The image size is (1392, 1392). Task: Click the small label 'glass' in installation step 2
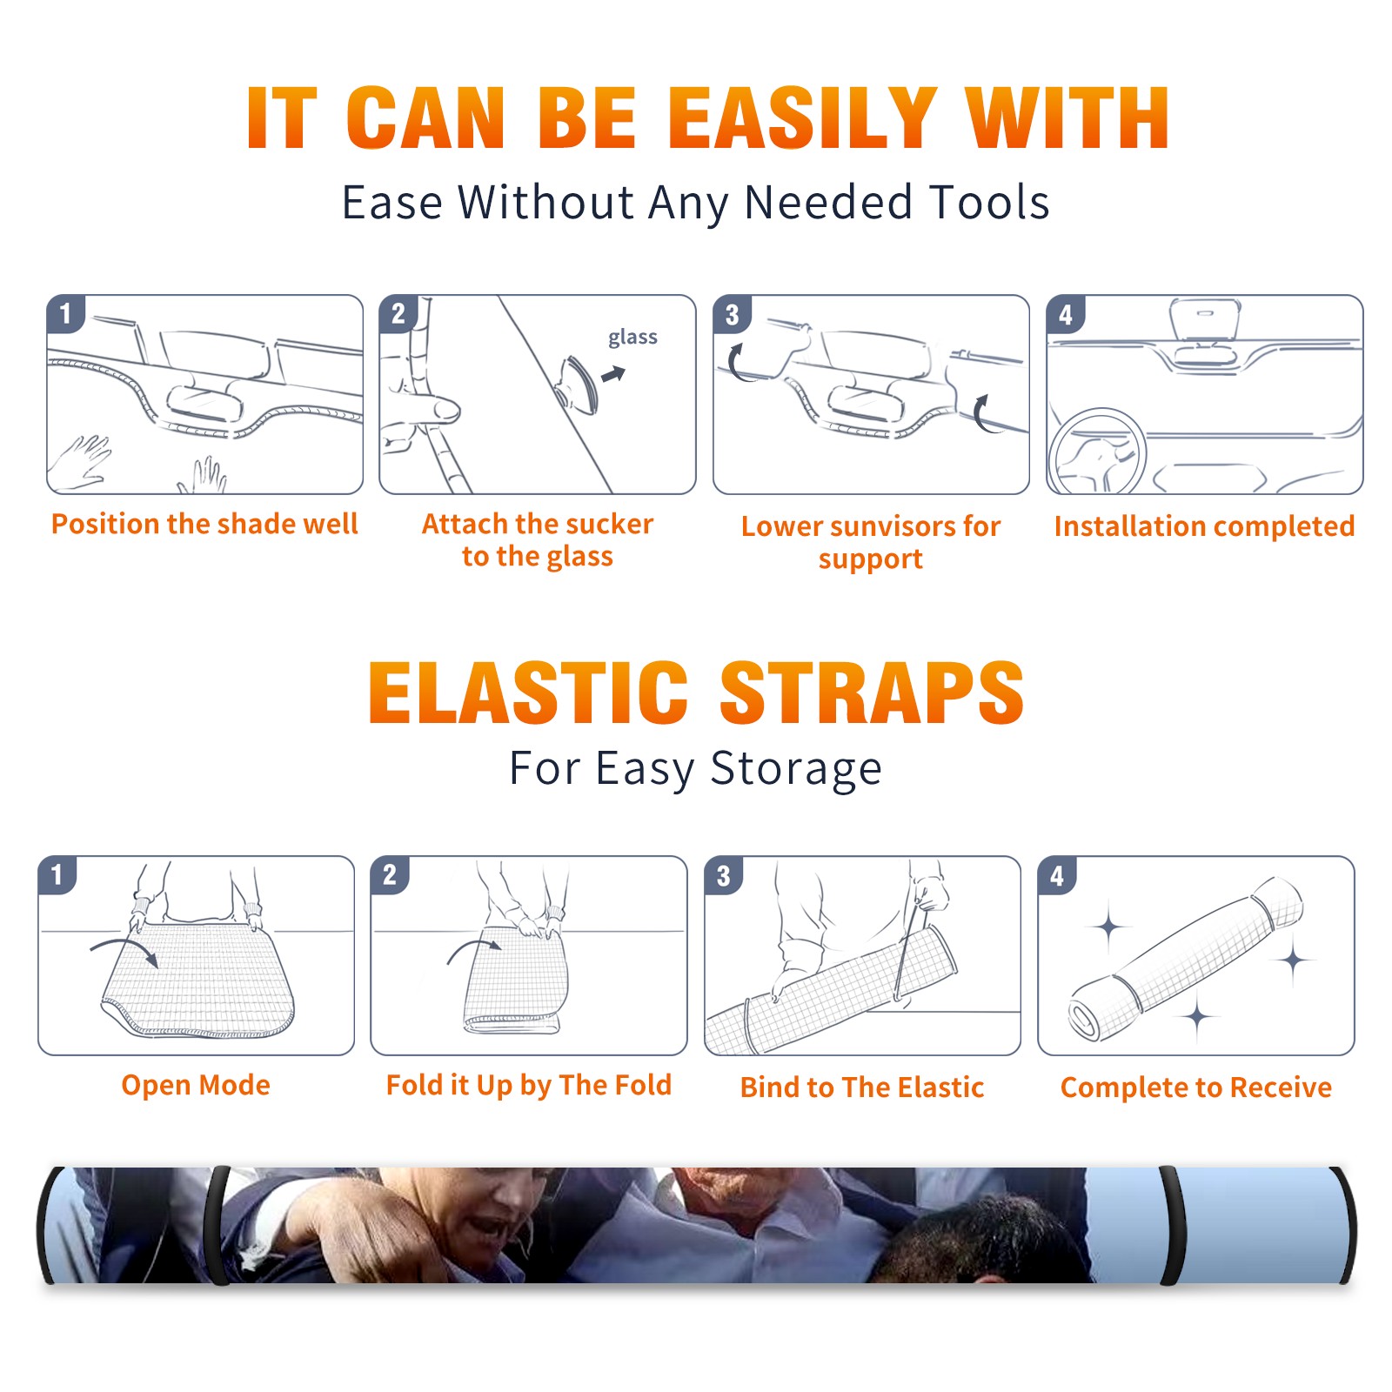632,338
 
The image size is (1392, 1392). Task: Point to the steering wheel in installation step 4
1097,451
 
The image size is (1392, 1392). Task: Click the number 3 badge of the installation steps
733,315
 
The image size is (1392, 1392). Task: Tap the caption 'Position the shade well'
204,524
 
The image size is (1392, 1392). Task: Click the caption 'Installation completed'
1204,526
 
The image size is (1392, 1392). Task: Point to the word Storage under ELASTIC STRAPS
796,769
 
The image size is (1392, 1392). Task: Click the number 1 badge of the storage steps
57,875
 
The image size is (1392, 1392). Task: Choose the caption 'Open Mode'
196,1085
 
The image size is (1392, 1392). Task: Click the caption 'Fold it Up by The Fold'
529,1085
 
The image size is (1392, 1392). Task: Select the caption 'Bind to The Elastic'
862,1087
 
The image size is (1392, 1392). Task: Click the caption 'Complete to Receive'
1196,1087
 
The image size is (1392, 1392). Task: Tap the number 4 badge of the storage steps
1057,875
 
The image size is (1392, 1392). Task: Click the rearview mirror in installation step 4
1205,318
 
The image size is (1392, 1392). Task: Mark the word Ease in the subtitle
392,203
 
